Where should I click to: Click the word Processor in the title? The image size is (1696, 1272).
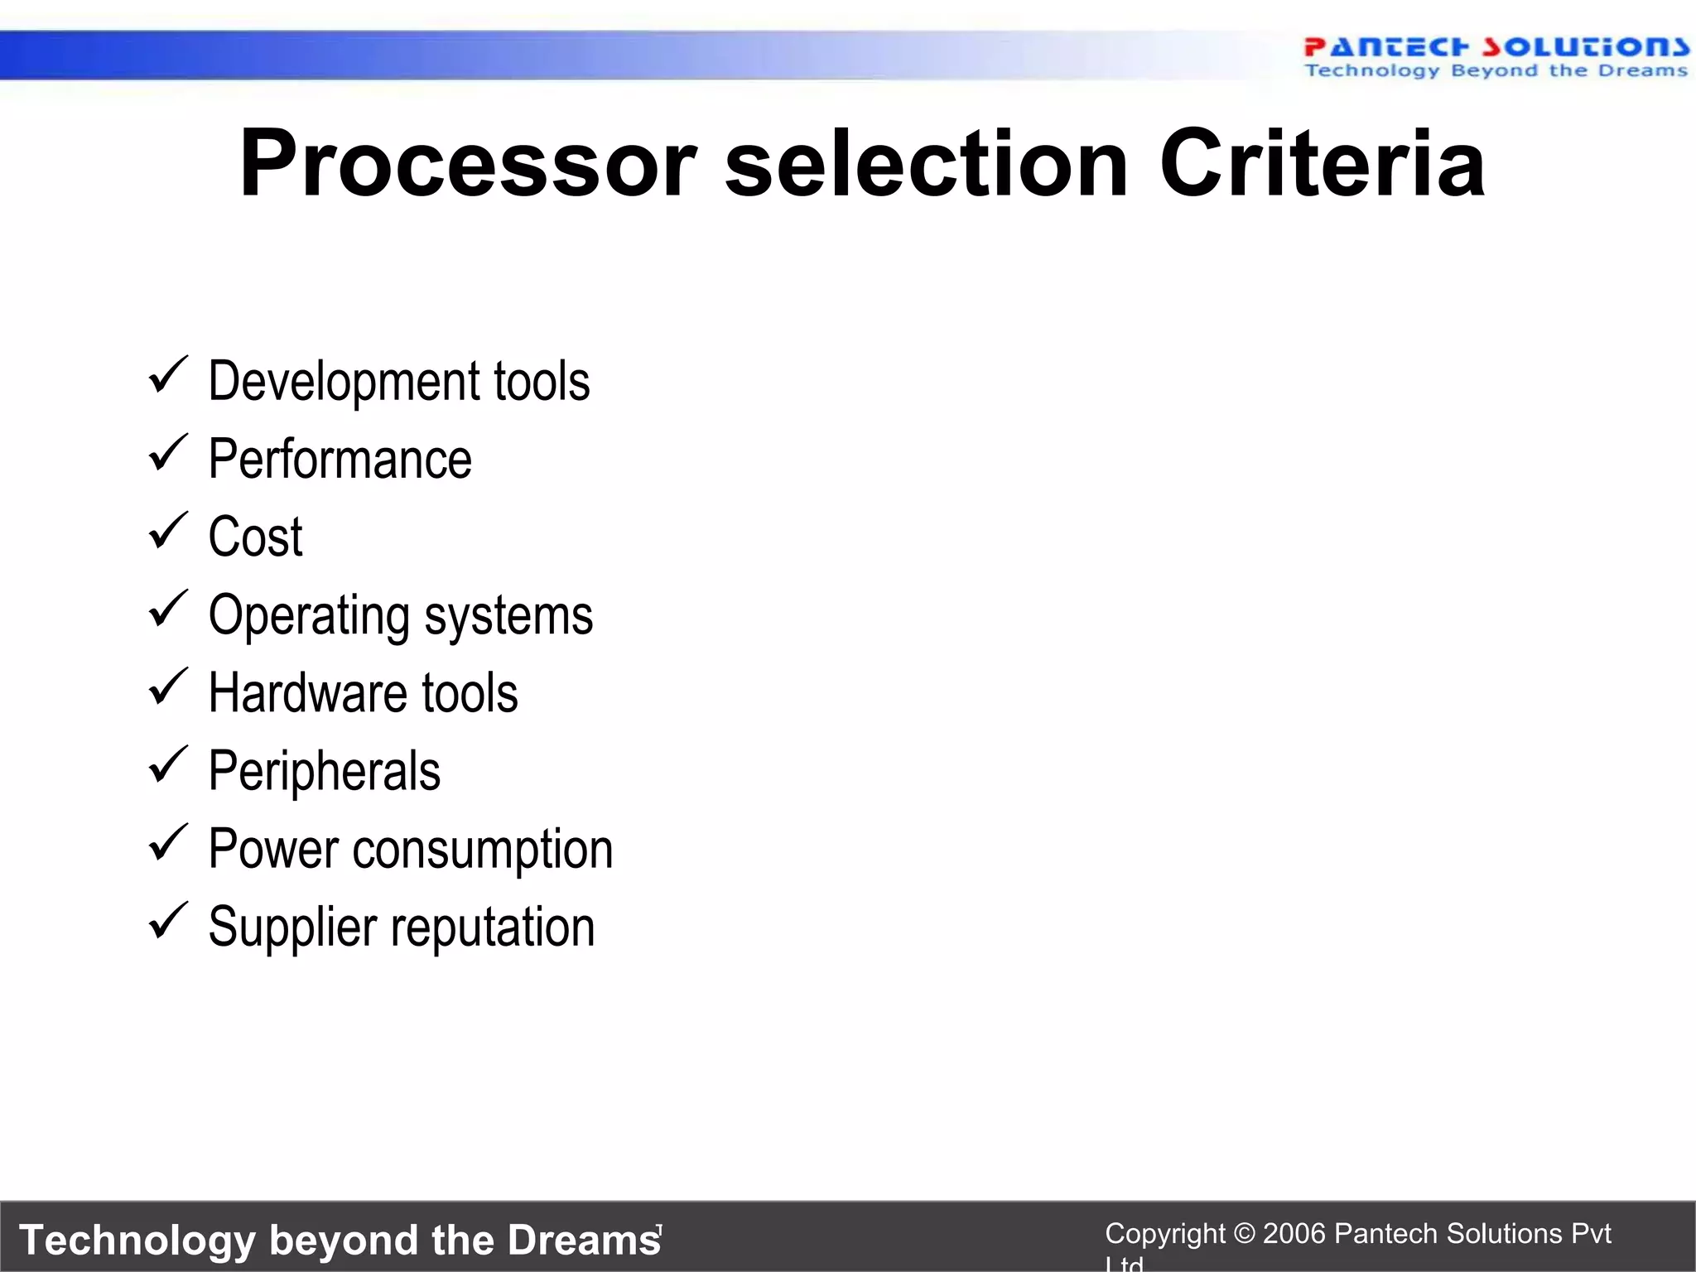point(468,164)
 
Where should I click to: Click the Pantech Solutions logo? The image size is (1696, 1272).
point(1496,47)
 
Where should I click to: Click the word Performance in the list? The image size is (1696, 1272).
point(340,459)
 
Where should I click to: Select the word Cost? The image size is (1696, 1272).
point(255,537)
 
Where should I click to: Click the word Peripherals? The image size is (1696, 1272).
point(324,771)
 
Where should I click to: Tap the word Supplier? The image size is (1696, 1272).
point(291,927)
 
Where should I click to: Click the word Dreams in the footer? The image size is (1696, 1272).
point(584,1240)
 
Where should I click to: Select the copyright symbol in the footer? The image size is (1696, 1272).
point(1244,1234)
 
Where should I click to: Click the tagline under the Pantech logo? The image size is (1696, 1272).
point(1496,71)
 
